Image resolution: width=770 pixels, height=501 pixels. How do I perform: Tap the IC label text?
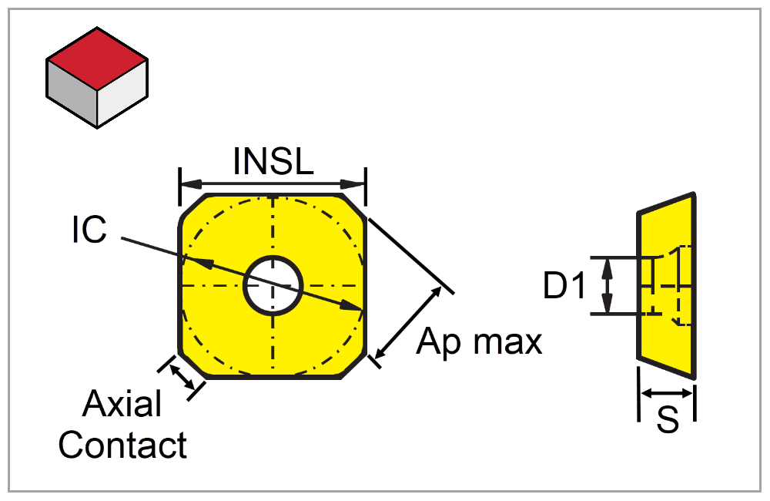(89, 230)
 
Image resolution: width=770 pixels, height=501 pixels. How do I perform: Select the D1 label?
(565, 287)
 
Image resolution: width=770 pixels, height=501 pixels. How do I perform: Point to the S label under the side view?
(668, 420)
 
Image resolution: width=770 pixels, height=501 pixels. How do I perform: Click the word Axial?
(122, 404)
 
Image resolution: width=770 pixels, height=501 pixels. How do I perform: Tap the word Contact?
(123, 445)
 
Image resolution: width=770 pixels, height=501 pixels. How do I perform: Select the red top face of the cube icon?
(97, 59)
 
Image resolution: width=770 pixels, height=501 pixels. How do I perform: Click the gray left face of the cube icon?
(71, 96)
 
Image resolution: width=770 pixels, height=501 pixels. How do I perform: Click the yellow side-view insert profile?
(667, 339)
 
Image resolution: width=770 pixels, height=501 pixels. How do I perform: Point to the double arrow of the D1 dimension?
(608, 286)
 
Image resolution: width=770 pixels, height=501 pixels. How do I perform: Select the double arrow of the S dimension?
(667, 394)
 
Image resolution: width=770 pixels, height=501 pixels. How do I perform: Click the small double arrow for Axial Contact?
(182, 377)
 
